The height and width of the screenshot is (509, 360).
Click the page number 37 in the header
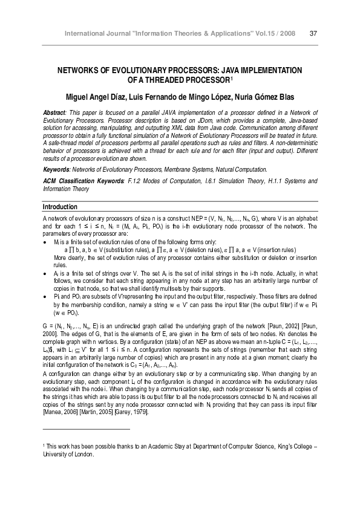point(314,33)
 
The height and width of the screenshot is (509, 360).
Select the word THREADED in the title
point(177,80)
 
